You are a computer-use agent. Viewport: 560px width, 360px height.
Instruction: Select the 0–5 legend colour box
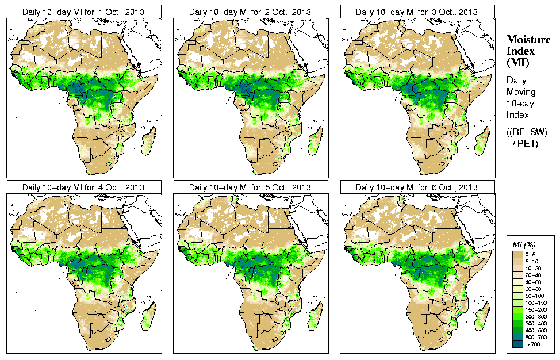pos(517,254)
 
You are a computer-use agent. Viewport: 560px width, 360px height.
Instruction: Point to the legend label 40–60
pos(535,281)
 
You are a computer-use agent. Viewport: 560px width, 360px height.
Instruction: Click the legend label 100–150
pos(535,302)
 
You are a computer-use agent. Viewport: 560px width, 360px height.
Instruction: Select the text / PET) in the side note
pos(526,143)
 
